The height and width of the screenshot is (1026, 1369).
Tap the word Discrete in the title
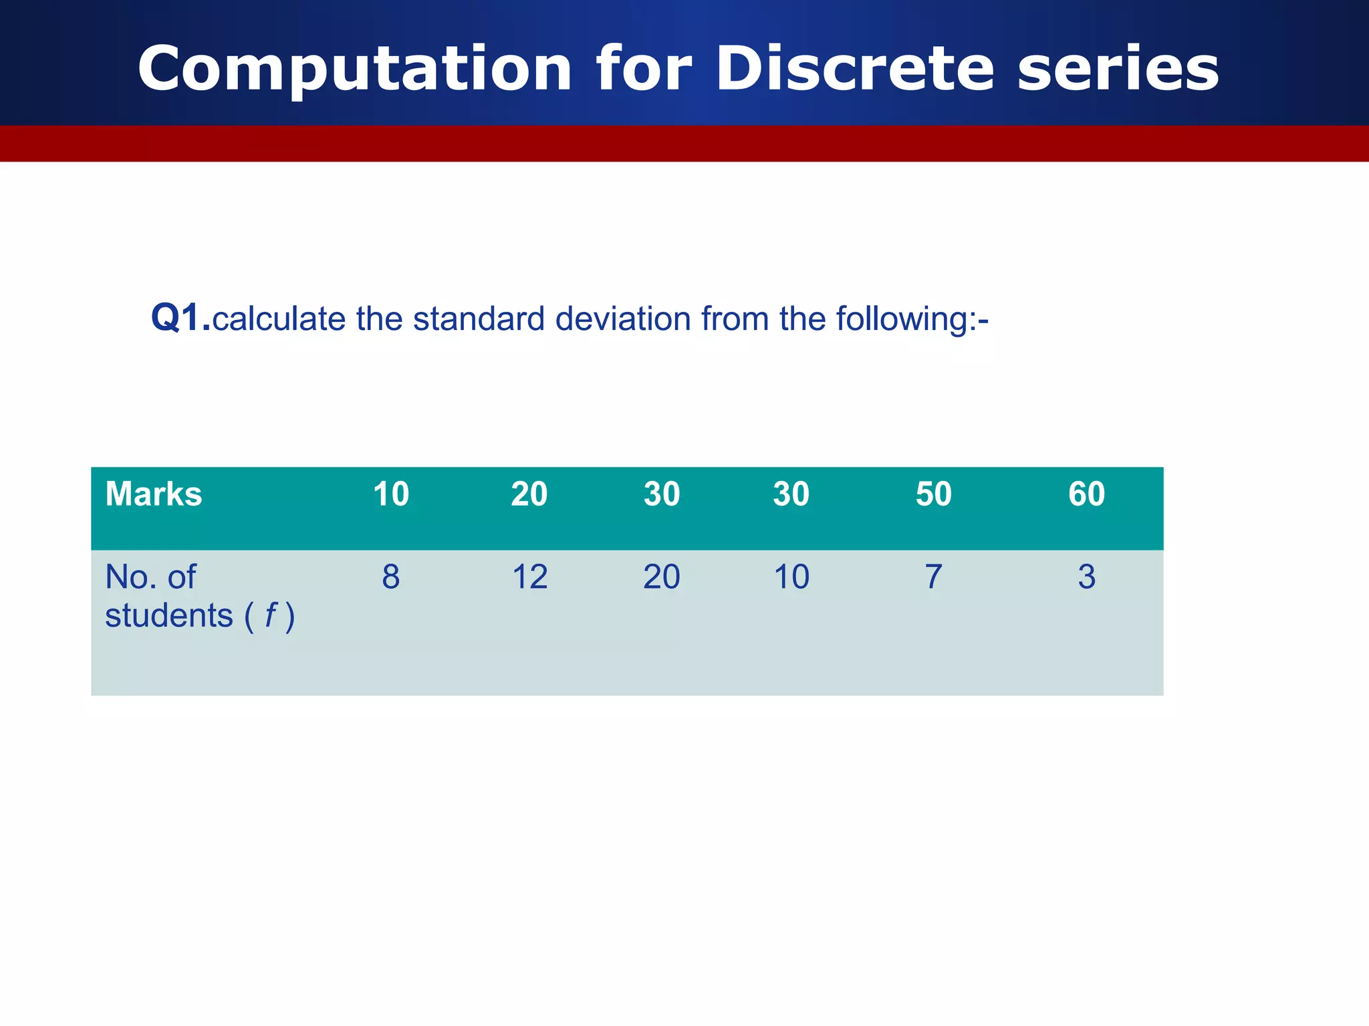pos(855,69)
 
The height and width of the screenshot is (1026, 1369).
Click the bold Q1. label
pos(180,318)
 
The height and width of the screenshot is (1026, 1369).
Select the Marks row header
pos(153,494)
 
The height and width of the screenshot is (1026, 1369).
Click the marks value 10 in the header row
pos(390,494)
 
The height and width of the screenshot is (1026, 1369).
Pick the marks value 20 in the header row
pos(529,494)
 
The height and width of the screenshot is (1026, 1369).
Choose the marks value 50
pos(933,494)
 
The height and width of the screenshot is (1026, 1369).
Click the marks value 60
pos(1086,494)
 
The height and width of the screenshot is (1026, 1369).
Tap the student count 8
pos(390,577)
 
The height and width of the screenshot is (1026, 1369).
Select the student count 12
pos(529,577)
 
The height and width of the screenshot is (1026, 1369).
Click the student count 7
pos(933,577)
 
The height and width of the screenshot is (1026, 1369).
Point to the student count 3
pos(1086,577)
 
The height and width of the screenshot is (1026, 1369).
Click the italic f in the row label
pos(270,615)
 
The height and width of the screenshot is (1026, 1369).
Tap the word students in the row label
pos(169,616)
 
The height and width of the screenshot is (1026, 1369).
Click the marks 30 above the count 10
pos(791,494)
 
